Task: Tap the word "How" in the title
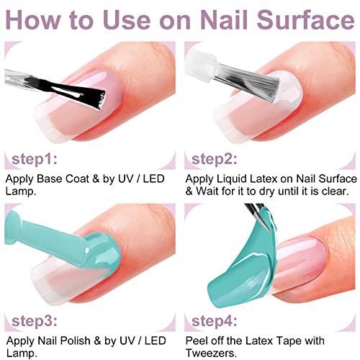click(37, 19)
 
